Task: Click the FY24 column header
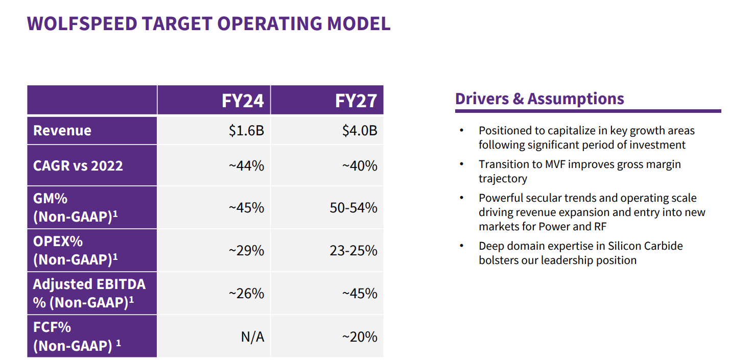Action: [x=243, y=101]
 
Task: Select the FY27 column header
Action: [x=356, y=101]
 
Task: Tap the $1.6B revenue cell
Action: [x=246, y=131]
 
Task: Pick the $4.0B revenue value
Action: [x=360, y=131]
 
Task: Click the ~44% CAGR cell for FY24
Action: [x=246, y=165]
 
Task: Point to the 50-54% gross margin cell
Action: [x=354, y=208]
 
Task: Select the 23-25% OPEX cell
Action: [x=354, y=251]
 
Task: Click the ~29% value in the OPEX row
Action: [x=246, y=251]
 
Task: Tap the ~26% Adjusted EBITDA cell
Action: [x=246, y=294]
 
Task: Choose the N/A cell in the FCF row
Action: [x=252, y=337]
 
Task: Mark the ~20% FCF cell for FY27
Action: [x=360, y=337]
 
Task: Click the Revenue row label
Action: [x=62, y=131]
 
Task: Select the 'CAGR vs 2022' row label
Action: [x=78, y=165]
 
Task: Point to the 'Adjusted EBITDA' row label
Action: [x=89, y=284]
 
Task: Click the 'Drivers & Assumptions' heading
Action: [x=539, y=99]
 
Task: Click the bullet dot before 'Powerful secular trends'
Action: [x=462, y=198]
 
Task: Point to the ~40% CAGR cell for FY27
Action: [x=360, y=165]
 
